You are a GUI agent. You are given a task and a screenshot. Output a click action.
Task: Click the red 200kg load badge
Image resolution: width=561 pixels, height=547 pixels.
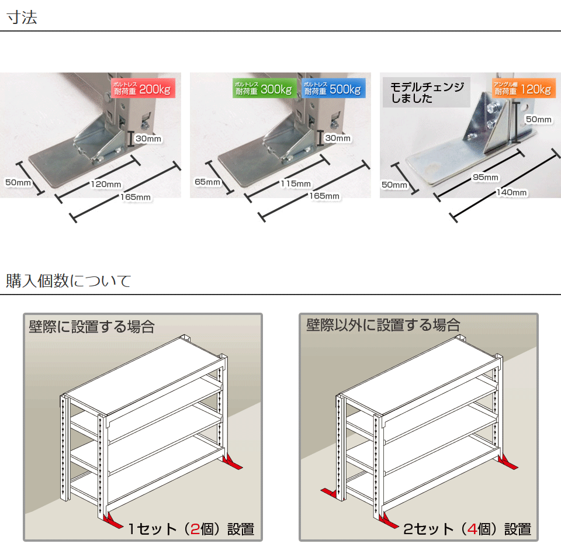(x=143, y=89)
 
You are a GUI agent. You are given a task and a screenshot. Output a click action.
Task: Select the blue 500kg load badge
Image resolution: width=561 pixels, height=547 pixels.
(x=333, y=89)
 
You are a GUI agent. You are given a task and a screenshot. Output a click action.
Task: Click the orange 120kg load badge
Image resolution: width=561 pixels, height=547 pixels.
(x=522, y=89)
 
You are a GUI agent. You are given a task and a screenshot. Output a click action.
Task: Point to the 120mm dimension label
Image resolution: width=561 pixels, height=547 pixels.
(x=105, y=185)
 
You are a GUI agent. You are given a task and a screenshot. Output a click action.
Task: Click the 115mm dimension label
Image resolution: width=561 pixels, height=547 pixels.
(x=296, y=184)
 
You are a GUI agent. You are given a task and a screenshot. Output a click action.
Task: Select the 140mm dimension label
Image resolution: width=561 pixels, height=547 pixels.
(x=512, y=192)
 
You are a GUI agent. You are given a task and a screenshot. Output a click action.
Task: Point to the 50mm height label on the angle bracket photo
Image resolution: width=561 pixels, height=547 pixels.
(x=538, y=120)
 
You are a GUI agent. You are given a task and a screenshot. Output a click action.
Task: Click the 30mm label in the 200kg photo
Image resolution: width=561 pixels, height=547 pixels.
(x=148, y=139)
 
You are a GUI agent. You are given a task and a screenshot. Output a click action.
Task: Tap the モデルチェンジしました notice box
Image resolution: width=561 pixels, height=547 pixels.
(x=426, y=92)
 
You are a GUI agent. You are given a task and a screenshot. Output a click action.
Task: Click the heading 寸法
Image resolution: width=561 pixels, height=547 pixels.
(x=22, y=17)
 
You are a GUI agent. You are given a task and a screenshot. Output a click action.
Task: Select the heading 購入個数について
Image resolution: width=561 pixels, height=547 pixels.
(x=68, y=281)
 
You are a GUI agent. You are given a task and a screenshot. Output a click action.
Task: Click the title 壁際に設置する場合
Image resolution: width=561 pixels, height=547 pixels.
(x=92, y=326)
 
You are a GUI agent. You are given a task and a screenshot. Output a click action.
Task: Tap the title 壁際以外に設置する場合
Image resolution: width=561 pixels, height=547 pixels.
(x=383, y=325)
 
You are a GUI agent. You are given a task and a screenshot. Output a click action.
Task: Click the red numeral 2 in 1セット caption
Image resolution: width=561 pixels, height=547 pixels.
(x=195, y=529)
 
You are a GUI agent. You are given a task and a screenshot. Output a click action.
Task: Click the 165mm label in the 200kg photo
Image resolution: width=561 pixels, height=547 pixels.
(x=136, y=198)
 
